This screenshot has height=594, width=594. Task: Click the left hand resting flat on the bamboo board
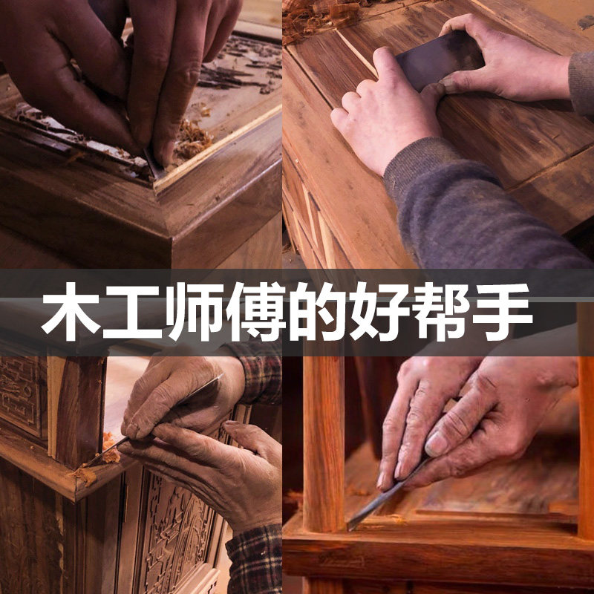(379, 111)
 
